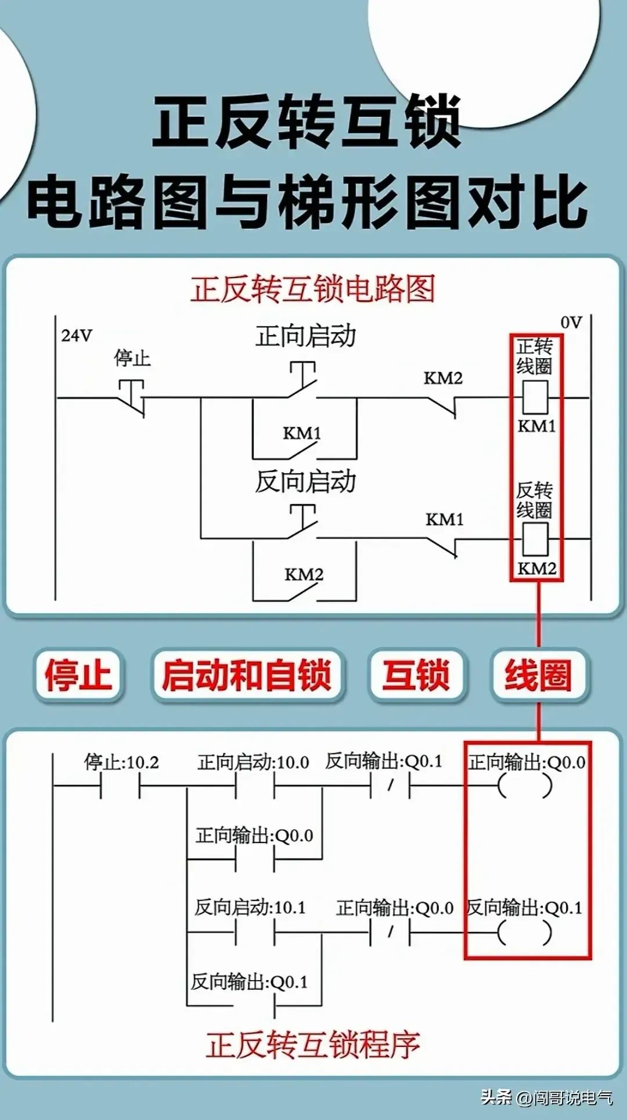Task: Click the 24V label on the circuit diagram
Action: [77, 336]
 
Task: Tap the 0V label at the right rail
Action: [571, 322]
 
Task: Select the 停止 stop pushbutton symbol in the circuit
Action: [132, 397]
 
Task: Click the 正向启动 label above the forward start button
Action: [305, 336]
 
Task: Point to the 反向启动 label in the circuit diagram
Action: [305, 481]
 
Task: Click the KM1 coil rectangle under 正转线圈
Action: [535, 397]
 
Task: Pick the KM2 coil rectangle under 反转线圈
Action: [535, 539]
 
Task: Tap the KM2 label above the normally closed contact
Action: [443, 379]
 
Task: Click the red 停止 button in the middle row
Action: [78, 675]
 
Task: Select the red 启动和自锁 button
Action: [247, 675]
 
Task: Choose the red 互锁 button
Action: [416, 675]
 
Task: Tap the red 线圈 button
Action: [538, 675]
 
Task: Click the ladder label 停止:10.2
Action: [121, 762]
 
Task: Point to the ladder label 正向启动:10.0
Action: [253, 762]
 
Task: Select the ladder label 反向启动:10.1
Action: [250, 907]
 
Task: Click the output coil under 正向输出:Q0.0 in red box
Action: [525, 786]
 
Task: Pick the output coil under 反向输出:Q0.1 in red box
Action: [525, 933]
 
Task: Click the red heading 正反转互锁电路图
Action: [313, 289]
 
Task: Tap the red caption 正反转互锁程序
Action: [313, 1045]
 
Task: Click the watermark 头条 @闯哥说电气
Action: [546, 1097]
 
